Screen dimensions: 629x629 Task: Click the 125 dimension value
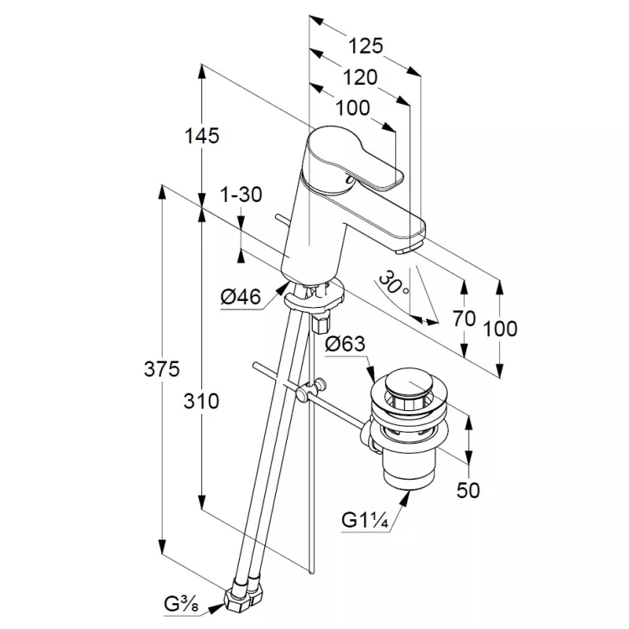click(x=366, y=46)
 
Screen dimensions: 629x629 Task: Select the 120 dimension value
click(x=360, y=77)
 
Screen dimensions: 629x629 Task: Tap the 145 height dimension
click(x=202, y=136)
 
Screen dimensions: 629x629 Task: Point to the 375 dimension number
click(x=162, y=369)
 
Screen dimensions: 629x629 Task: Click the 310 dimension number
click(x=201, y=401)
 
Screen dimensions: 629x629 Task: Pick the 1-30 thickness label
click(x=242, y=195)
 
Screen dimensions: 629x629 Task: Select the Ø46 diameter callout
click(x=241, y=297)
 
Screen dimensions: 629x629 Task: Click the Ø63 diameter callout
click(x=346, y=344)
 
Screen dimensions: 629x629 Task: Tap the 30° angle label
click(x=392, y=283)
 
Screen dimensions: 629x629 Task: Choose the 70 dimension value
click(x=464, y=319)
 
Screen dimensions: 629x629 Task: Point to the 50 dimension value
click(x=468, y=491)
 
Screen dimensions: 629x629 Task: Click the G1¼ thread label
click(x=365, y=520)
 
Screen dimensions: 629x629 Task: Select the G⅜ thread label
click(x=181, y=605)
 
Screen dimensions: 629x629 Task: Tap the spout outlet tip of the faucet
click(x=406, y=250)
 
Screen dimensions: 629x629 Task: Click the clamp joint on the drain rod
click(x=310, y=389)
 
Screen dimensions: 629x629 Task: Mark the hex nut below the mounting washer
click(x=320, y=324)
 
